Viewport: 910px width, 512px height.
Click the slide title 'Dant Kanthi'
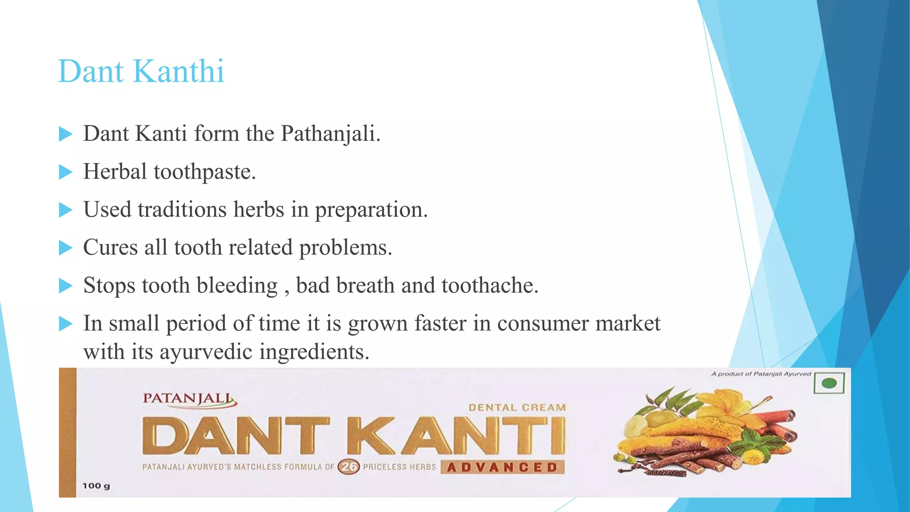(141, 71)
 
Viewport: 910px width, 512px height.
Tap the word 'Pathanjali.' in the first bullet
(331, 133)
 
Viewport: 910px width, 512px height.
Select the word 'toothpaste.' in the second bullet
(205, 172)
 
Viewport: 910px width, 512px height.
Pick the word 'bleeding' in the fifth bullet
(237, 285)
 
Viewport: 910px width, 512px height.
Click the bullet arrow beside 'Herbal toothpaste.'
(65, 172)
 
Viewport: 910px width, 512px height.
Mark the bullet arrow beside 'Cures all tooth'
(65, 248)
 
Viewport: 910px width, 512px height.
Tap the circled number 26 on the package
(349, 467)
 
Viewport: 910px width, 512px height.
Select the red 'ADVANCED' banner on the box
(502, 468)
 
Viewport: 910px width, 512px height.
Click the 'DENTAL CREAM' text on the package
(517, 408)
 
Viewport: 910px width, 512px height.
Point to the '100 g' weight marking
(96, 486)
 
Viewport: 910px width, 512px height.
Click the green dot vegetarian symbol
(829, 383)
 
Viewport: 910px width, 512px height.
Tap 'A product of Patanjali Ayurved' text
(761, 374)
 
